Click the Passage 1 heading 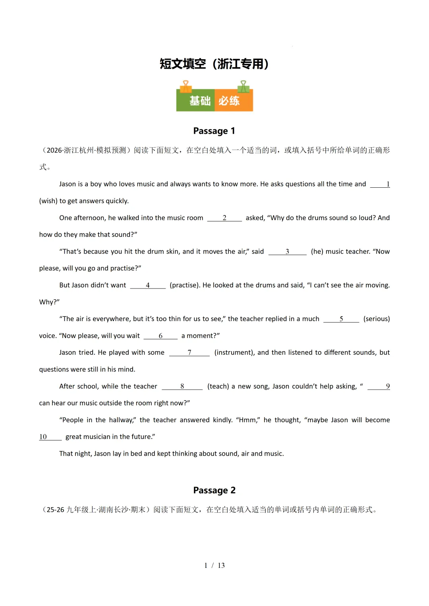(x=214, y=131)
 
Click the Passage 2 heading (x=214, y=490)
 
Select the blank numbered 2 (x=224, y=218)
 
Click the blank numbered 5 (x=341, y=319)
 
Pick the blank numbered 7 (x=189, y=353)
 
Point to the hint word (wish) (x=48, y=201)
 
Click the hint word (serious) (x=377, y=319)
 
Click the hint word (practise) (x=184, y=285)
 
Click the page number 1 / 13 (x=214, y=565)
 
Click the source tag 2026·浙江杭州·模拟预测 (x=87, y=150)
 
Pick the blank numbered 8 (x=182, y=387)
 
